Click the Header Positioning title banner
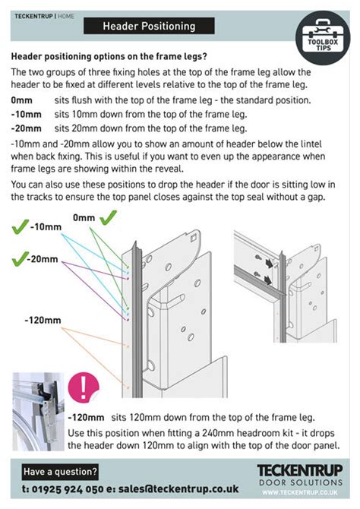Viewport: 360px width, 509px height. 149,27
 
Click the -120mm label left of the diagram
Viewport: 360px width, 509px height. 43,320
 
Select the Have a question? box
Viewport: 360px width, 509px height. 60,470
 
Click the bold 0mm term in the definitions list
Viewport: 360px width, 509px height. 22,100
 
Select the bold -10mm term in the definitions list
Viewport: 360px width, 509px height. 25,114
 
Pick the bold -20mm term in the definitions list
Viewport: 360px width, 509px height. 25,128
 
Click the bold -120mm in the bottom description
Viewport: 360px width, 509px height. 85,418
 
